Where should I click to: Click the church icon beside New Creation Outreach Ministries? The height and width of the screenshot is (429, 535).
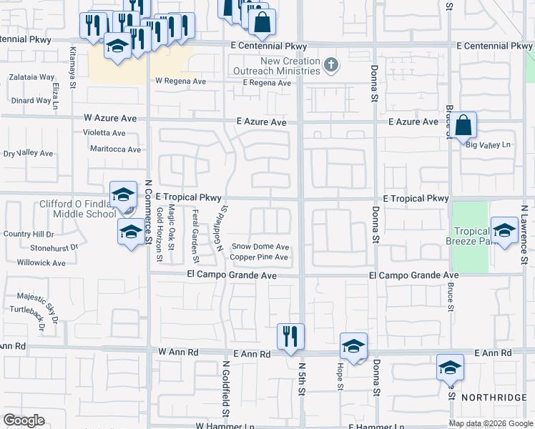point(330,65)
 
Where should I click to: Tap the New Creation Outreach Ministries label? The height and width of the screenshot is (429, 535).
point(280,66)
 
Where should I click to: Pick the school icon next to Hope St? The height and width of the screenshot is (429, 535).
point(353,346)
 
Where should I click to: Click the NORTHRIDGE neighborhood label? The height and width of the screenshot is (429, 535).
point(494,397)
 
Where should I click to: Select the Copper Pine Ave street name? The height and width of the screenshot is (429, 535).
point(259,257)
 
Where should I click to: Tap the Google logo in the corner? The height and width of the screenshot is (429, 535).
point(24,420)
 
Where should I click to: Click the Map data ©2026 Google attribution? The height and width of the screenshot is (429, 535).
point(489,423)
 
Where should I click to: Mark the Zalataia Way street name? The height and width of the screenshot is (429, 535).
point(31,77)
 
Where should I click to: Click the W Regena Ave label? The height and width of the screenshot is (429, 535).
point(180,82)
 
